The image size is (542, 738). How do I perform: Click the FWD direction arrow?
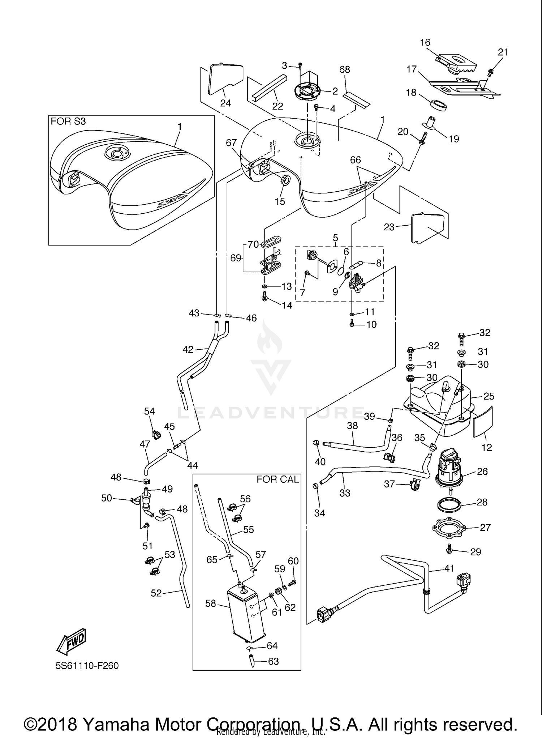72,642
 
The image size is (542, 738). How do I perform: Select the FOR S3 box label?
68,121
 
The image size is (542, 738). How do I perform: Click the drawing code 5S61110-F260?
87,666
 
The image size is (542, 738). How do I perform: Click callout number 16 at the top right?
425,42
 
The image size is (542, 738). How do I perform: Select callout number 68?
345,69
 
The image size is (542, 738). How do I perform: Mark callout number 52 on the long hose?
156,593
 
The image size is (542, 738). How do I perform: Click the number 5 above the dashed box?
335,238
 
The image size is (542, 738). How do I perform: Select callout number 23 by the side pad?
389,228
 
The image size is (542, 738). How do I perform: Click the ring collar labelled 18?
438,105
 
